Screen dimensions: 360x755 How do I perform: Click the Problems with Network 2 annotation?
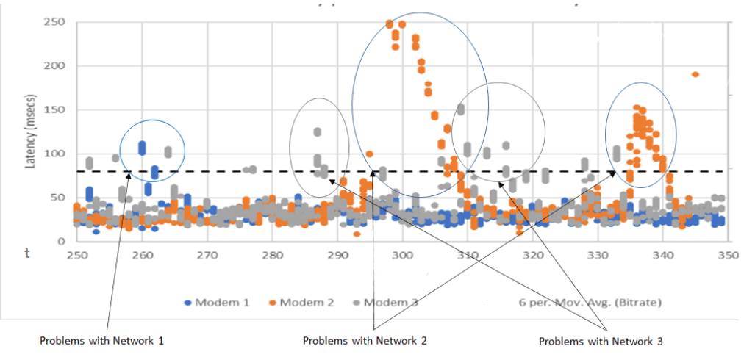365,341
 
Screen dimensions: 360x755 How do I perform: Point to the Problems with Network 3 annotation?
601,342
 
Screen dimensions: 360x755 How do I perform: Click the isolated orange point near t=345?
695,74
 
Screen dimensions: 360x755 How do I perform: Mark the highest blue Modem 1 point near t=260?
143,145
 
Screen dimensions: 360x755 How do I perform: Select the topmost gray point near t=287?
318,132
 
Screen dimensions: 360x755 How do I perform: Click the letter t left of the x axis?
27,253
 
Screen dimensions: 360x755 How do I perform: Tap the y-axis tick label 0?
62,241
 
